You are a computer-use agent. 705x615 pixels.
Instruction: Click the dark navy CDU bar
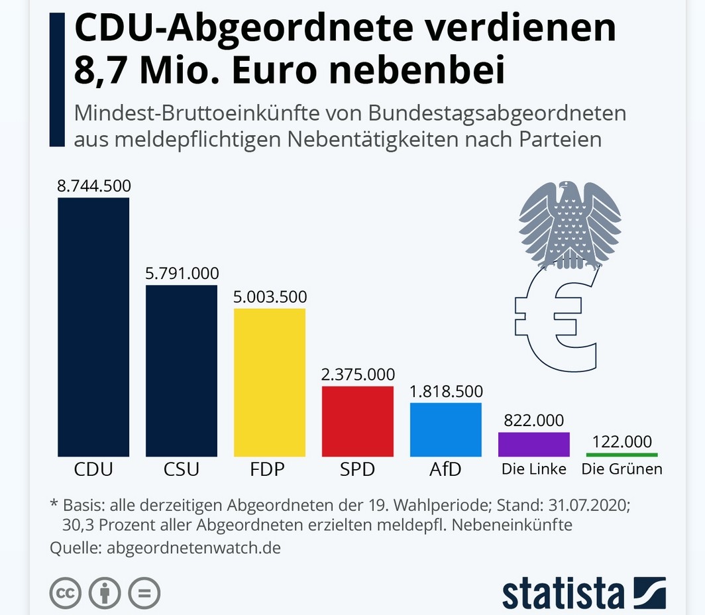point(93,327)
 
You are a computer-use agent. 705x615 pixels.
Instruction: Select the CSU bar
point(182,370)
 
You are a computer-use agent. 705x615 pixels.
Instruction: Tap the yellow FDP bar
point(270,382)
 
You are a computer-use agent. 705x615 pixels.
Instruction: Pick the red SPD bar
point(358,421)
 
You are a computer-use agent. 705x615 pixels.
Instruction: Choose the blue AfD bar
point(446,429)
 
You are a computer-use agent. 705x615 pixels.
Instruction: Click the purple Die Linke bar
point(534,444)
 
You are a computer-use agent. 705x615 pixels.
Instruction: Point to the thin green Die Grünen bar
point(622,455)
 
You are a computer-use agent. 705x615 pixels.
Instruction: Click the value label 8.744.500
point(93,186)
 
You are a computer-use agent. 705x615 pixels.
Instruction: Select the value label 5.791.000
point(182,273)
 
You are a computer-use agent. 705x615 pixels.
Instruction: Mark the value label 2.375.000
point(358,374)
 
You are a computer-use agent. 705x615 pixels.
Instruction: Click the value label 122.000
point(622,441)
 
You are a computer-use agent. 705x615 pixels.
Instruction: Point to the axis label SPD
point(358,470)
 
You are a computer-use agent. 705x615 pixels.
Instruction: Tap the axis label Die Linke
point(534,469)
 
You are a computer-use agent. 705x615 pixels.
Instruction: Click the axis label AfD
point(446,470)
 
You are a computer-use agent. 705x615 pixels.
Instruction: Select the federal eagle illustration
point(570,225)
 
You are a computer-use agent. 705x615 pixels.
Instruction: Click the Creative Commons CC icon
point(65,592)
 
